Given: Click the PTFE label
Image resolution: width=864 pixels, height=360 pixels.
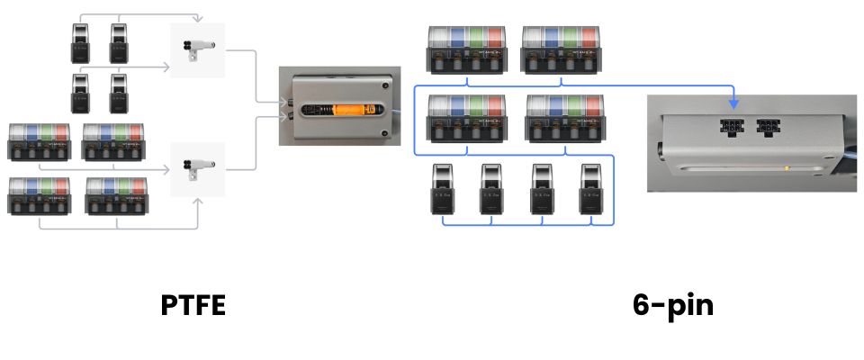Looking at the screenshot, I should click(x=193, y=306).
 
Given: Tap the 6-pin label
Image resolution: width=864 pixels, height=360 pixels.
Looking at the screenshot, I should click(x=673, y=306).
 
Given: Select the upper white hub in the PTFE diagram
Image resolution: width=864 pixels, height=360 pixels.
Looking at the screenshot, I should click(x=197, y=50).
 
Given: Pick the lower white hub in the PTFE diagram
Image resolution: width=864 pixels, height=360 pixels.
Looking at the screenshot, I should click(x=197, y=169).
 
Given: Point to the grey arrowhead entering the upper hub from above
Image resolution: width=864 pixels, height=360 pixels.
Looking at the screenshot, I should click(x=197, y=20).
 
